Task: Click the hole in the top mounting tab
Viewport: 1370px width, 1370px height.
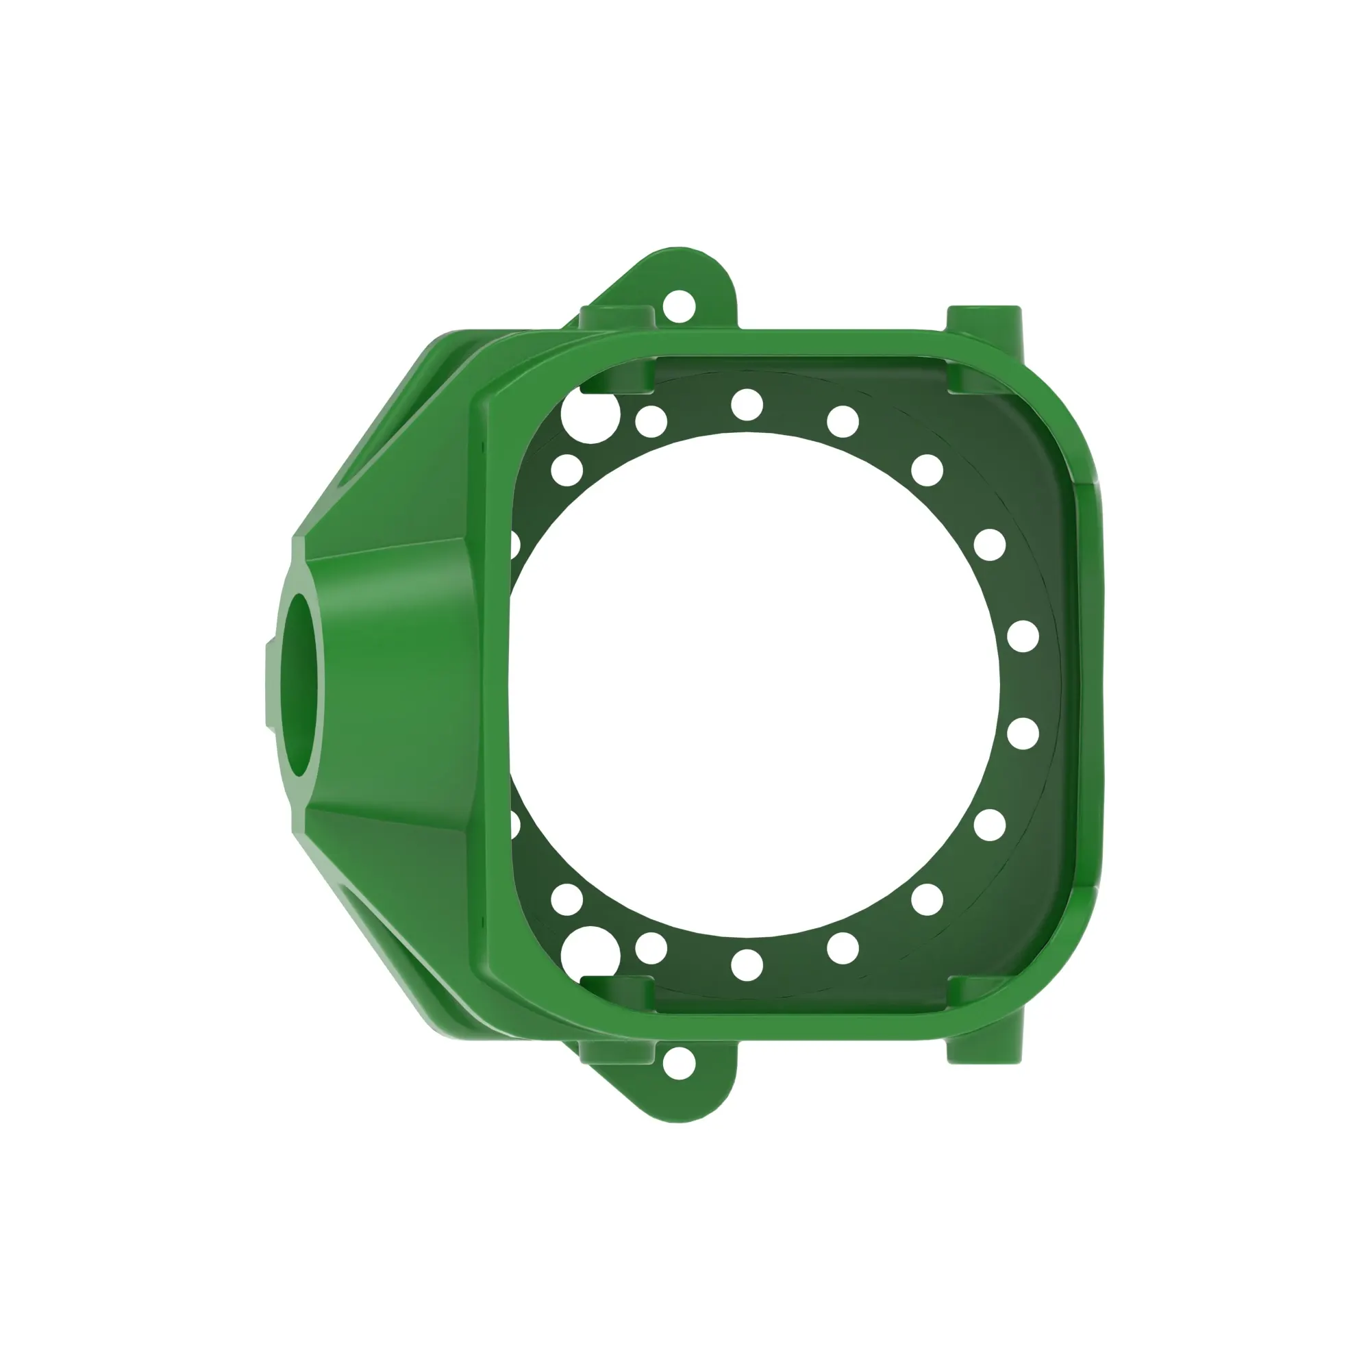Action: [679, 306]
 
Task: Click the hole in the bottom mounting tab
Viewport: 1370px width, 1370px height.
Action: [679, 1063]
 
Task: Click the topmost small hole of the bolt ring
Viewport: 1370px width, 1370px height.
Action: [747, 405]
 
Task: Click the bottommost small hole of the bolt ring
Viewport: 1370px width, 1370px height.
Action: [747, 965]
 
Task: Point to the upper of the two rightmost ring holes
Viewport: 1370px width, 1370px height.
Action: [1023, 636]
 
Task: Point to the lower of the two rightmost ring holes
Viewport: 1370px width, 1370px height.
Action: [1023, 734]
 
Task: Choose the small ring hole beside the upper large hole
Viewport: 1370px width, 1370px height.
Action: [651, 422]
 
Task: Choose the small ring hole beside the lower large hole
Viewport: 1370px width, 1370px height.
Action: [651, 948]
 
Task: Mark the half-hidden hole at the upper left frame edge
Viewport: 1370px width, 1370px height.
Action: [515, 545]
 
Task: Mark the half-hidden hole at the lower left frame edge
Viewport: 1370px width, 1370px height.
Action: [515, 825]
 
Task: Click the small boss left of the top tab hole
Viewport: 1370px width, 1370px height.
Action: [616, 316]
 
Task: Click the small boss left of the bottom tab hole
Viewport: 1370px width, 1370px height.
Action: [616, 1054]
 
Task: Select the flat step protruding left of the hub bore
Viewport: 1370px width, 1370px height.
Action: [271, 685]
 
